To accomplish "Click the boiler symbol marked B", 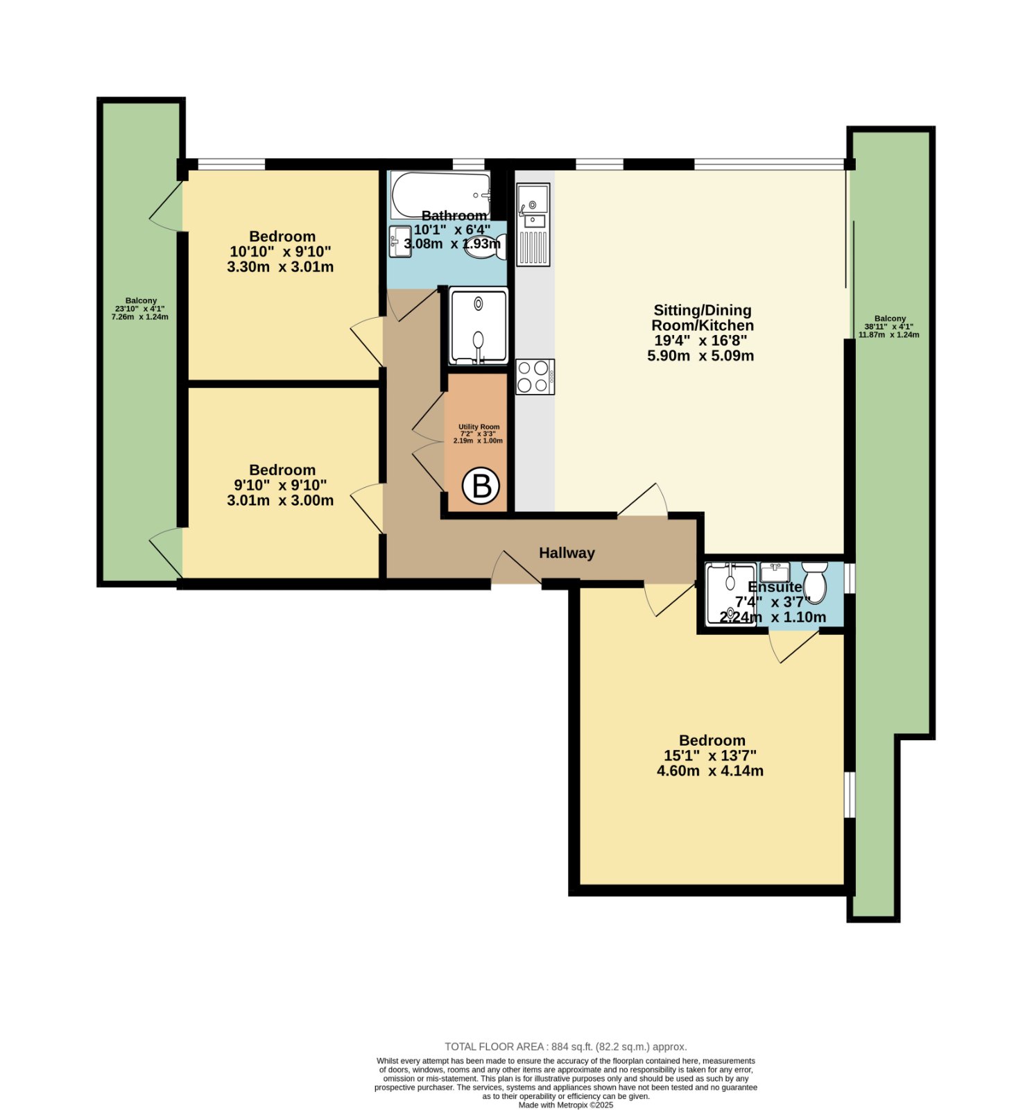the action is click(x=481, y=486).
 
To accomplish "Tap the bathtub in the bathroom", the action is click(x=440, y=195).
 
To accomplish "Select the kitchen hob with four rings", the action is click(x=535, y=377).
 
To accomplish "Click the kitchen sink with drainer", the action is click(x=533, y=225).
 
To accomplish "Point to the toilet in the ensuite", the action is click(x=814, y=582).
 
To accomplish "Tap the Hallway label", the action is click(x=567, y=553).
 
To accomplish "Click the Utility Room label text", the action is click(x=479, y=427).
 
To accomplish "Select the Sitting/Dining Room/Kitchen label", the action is click(x=702, y=318).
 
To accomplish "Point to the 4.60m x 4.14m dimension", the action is click(x=709, y=771).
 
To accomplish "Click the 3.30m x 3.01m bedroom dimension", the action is click(x=280, y=267).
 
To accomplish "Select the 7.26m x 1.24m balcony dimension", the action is click(x=140, y=317).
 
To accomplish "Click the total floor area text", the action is click(x=565, y=1047).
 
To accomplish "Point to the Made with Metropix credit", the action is click(x=566, y=1105).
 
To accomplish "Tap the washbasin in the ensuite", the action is click(x=775, y=572).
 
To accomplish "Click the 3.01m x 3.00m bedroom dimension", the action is click(x=280, y=500).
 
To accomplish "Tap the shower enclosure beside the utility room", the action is click(x=479, y=326).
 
